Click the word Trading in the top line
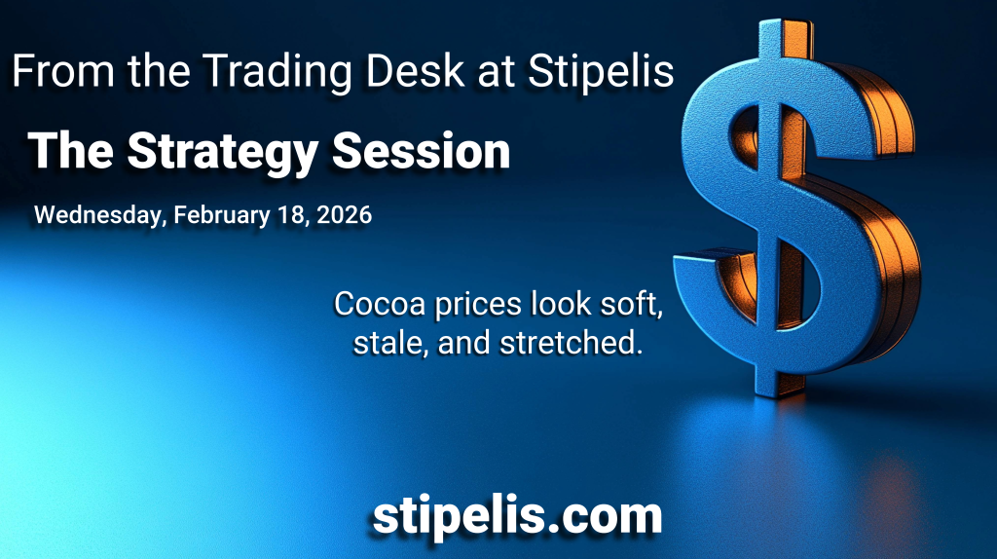tap(277, 72)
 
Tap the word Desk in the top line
tap(415, 70)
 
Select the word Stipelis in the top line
tap(601, 71)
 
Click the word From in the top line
tap(63, 70)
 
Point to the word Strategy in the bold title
tap(223, 153)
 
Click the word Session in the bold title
tap(421, 151)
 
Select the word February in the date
tap(222, 215)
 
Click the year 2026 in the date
tap(344, 215)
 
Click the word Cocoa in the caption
tap(380, 303)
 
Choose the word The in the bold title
tap(70, 151)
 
